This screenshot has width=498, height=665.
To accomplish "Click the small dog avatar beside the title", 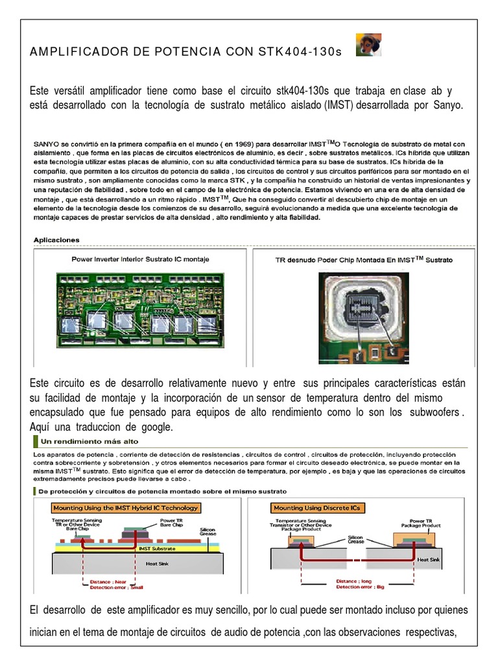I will tap(368, 45).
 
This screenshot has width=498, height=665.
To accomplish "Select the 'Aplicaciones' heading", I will tap(56, 240).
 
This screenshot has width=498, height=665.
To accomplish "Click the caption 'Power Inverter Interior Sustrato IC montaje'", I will tap(139, 259).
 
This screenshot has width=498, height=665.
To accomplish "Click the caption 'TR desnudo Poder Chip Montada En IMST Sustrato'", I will tap(363, 259).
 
